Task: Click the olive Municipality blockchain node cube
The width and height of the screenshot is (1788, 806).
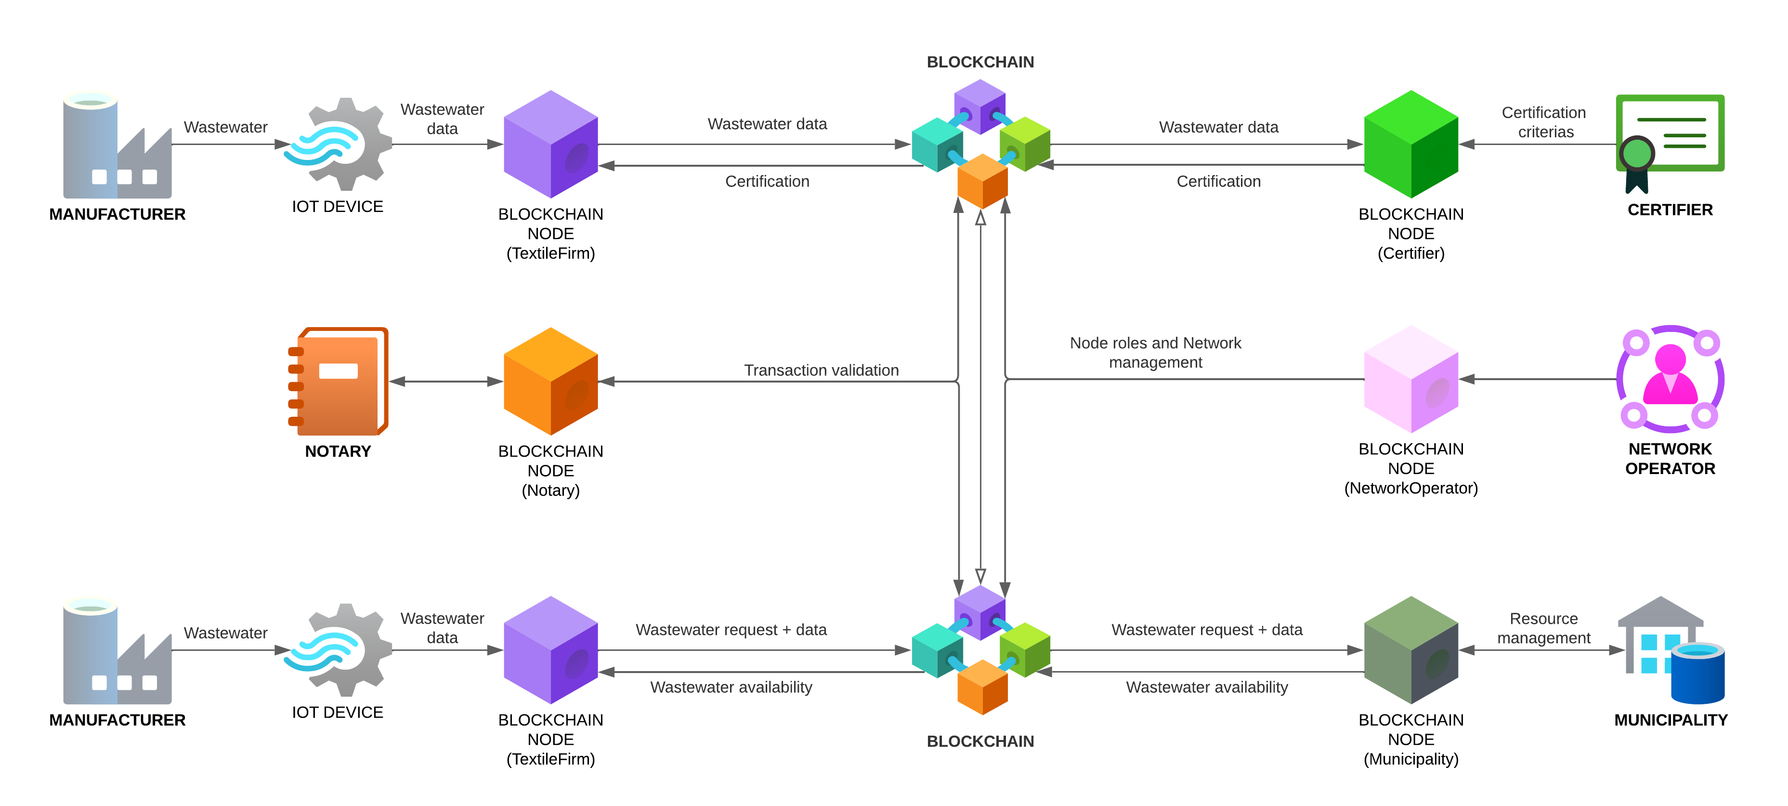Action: tap(1410, 650)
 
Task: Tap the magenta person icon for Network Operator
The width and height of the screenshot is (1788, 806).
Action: tap(1670, 378)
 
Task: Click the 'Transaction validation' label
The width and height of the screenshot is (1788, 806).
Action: tap(821, 370)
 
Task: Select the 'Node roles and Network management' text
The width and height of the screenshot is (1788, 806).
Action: tap(1155, 353)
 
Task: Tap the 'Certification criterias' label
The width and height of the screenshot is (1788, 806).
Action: tap(1544, 122)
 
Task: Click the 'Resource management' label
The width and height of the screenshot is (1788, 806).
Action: tap(1544, 628)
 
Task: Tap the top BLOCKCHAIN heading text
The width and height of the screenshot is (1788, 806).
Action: tap(980, 62)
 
